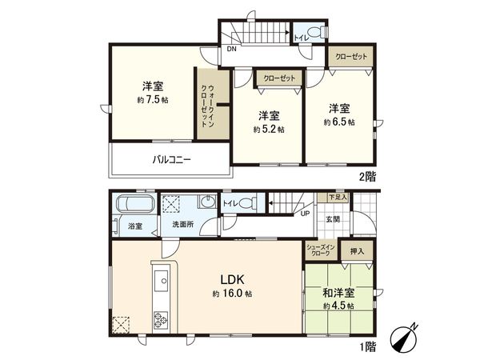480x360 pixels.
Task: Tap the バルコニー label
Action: [171, 159]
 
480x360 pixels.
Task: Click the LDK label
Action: [233, 280]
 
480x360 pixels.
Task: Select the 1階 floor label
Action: [367, 346]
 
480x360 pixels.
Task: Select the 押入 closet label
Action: [356, 251]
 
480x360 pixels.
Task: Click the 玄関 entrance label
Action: [333, 219]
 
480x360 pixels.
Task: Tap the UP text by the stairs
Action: [305, 214]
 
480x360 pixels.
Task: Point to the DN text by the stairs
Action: [230, 50]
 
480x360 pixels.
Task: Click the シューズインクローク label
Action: [318, 250]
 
